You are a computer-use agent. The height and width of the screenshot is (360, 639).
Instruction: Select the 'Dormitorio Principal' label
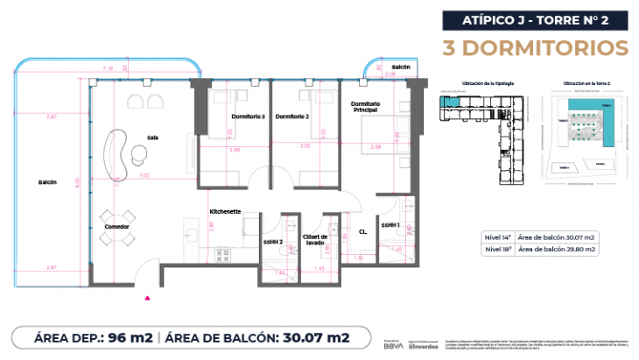pyautogui.click(x=364, y=107)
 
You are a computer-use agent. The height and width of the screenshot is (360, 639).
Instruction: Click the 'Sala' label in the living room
pyautogui.click(x=152, y=137)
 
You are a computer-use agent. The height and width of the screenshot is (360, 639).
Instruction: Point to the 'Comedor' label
pyautogui.click(x=116, y=227)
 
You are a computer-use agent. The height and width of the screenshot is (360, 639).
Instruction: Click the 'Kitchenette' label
pyautogui.click(x=225, y=211)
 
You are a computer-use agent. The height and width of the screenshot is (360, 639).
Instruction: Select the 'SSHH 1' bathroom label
pyautogui.click(x=390, y=225)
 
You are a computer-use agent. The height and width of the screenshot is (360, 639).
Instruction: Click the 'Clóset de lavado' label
pyautogui.click(x=314, y=239)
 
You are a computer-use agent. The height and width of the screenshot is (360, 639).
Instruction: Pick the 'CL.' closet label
pyautogui.click(x=362, y=232)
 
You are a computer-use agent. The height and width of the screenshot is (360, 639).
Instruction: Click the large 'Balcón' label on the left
pyautogui.click(x=47, y=182)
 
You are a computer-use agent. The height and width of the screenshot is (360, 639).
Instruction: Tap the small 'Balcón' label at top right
pyautogui.click(x=401, y=67)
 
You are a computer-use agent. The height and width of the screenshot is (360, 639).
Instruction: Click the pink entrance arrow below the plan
pyautogui.click(x=147, y=296)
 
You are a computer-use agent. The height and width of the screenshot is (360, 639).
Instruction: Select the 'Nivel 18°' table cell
pyautogui.click(x=497, y=249)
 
